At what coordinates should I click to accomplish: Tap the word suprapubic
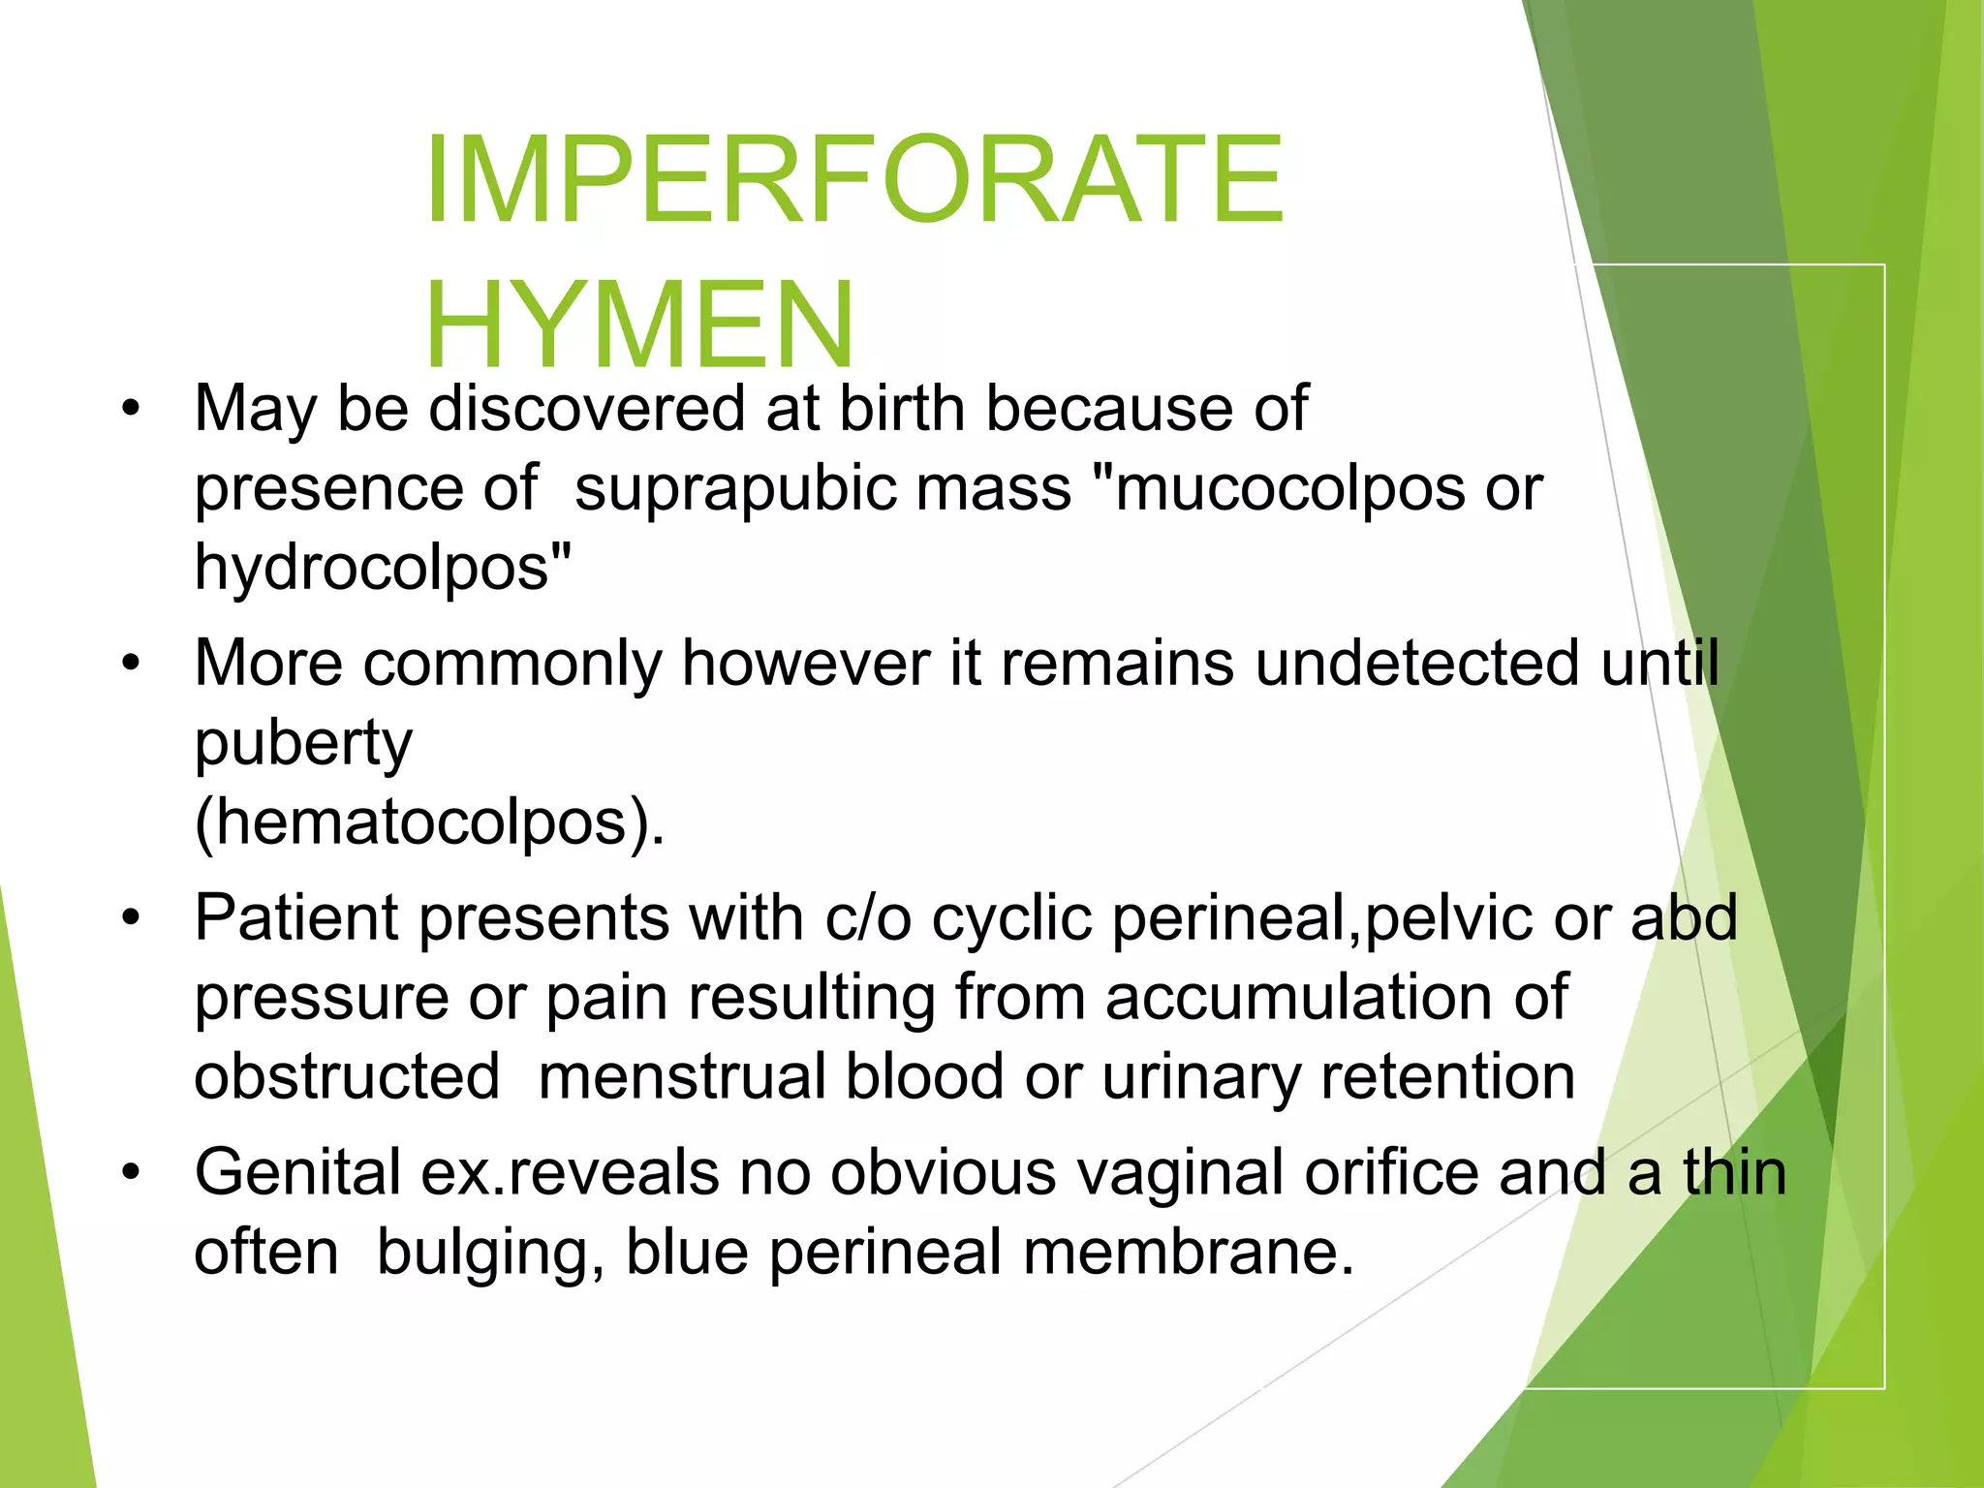822,487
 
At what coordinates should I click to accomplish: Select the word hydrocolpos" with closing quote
383,567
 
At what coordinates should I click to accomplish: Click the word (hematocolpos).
429,822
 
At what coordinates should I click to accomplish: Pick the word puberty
303,744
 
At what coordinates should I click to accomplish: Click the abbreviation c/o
868,917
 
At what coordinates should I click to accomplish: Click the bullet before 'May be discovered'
131,409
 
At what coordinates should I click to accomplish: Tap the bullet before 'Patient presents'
131,917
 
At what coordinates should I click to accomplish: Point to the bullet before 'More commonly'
131,665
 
